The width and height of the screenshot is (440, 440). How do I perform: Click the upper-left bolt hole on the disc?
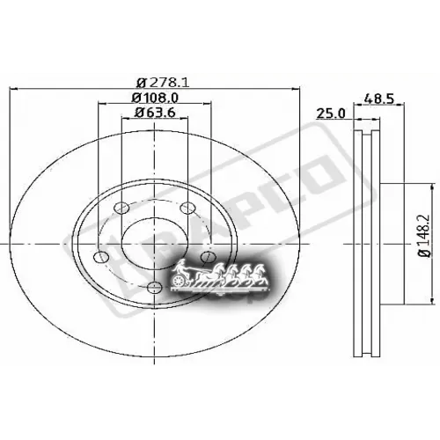(123, 208)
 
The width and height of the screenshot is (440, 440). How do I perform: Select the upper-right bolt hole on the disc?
(186, 208)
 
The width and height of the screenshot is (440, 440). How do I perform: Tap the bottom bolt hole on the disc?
(155, 286)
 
